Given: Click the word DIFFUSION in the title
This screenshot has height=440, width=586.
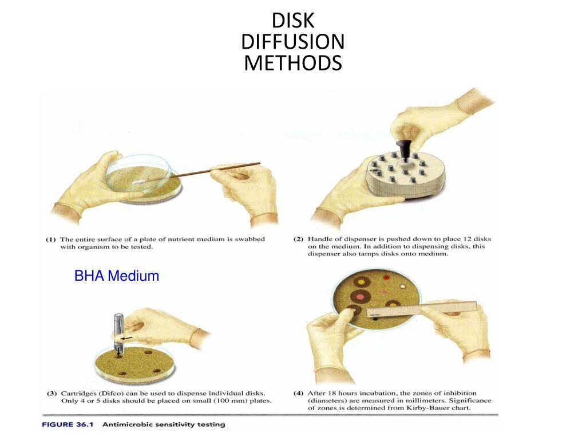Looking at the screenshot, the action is (x=292, y=41).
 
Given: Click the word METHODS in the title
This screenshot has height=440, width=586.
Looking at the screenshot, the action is (x=292, y=62).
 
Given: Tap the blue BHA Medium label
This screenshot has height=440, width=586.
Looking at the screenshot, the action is (x=117, y=276).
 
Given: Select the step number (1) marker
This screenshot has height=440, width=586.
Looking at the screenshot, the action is (x=51, y=239).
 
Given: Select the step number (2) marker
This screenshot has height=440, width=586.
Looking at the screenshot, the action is (x=299, y=239).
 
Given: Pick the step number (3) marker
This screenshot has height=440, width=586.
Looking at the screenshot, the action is (x=51, y=393).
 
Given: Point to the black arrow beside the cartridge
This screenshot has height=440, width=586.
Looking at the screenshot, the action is (x=126, y=339).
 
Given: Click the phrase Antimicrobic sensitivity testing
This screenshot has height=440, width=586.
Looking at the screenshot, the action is (x=164, y=425).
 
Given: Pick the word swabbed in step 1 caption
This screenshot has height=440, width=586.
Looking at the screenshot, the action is (x=247, y=239).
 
